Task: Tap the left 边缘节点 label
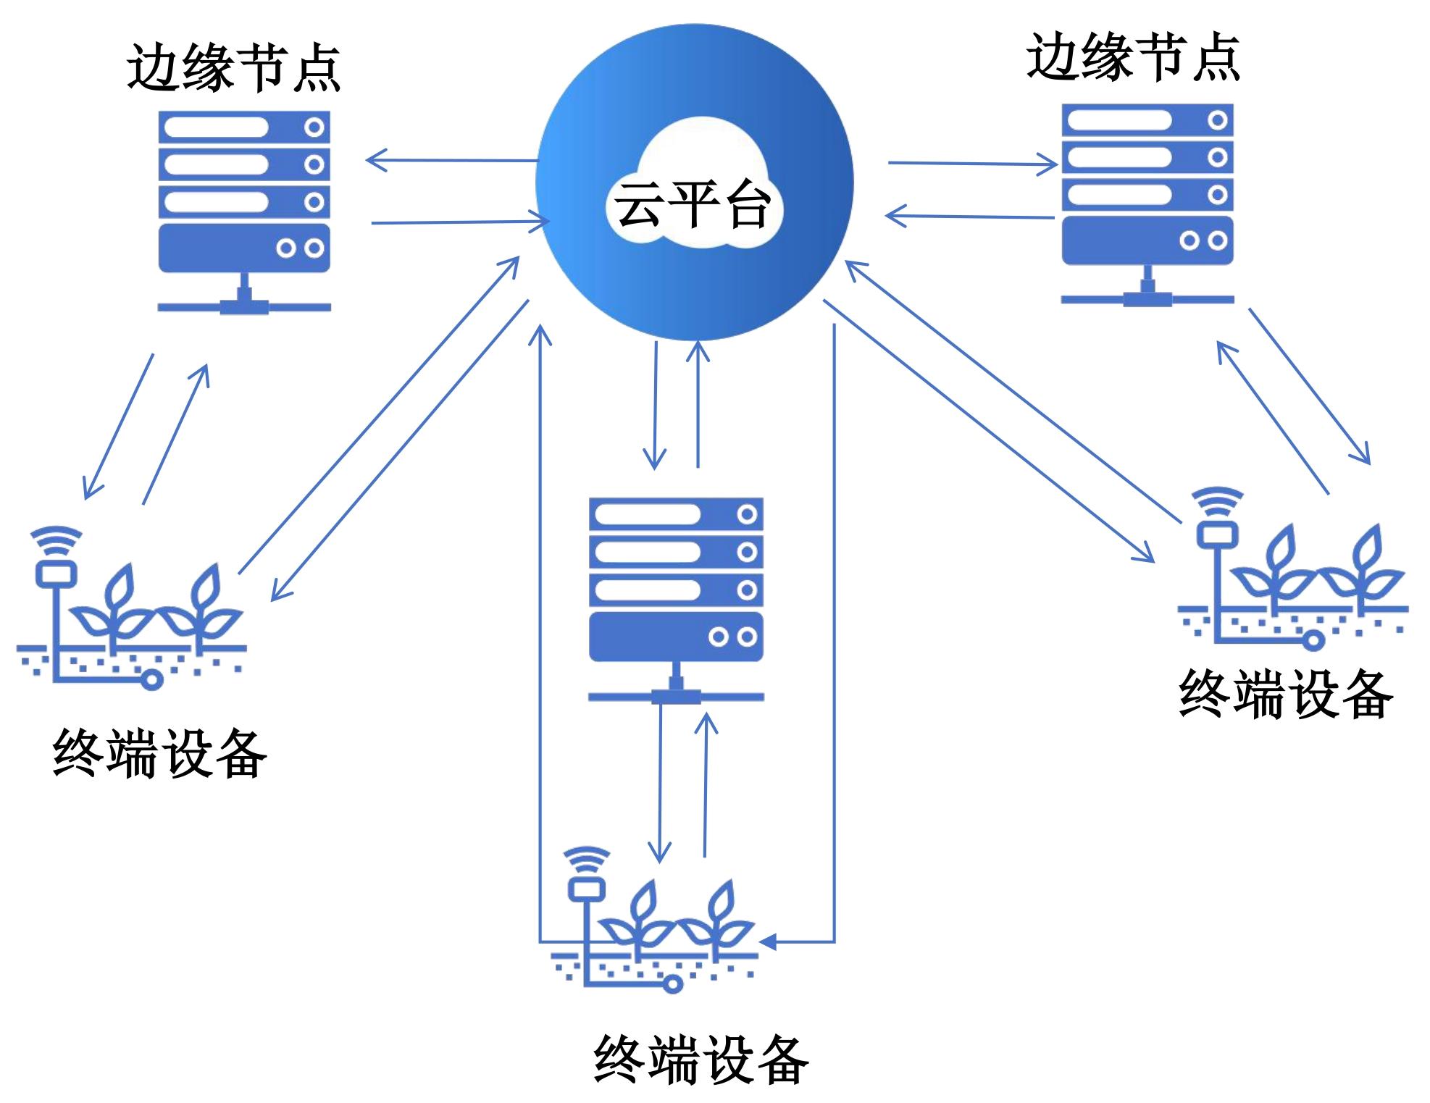point(233,67)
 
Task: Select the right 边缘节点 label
point(1133,57)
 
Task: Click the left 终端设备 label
point(160,754)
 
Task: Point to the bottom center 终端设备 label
point(701,1060)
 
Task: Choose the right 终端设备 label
point(1286,694)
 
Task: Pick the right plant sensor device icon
point(1293,572)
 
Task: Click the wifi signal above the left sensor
point(57,539)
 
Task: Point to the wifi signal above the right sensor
point(1218,499)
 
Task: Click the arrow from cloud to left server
point(452,159)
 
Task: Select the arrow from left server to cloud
point(460,222)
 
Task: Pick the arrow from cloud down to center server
point(655,405)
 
